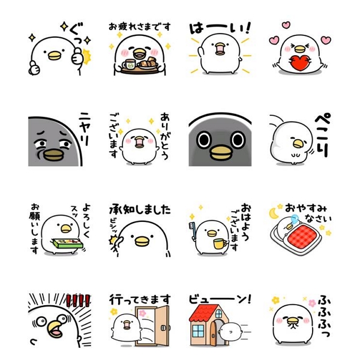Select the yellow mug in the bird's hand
click(220, 243)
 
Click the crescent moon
click(274, 213)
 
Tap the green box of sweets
click(68, 243)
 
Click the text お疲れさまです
click(140, 27)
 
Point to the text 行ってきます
click(140, 299)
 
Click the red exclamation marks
click(78, 300)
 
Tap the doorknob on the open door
click(163, 328)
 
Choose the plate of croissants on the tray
click(148, 63)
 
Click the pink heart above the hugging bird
click(286, 25)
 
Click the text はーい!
click(220, 28)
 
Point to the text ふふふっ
click(324, 315)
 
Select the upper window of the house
click(219, 314)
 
